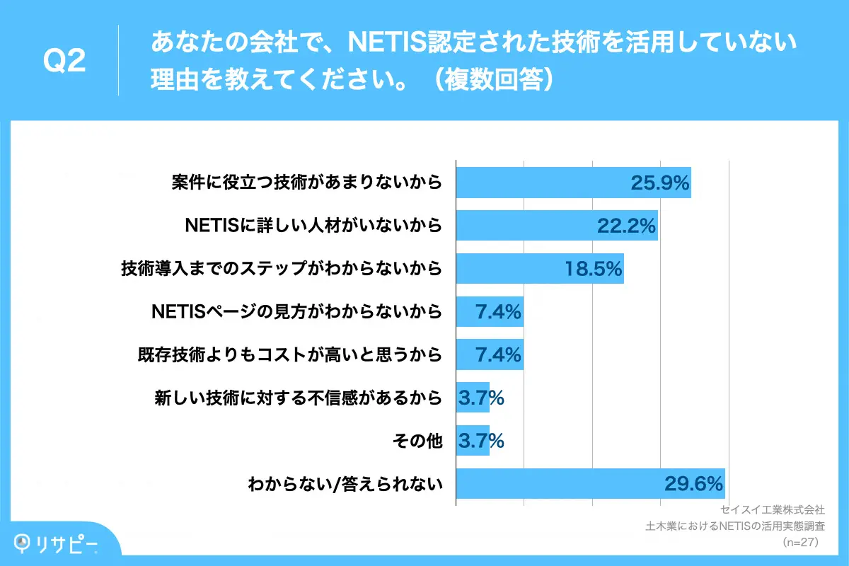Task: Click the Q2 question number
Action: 64,62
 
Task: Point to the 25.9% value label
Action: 659,183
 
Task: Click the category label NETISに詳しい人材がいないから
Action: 313,226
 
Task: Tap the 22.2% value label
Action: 627,226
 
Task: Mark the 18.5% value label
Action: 593,269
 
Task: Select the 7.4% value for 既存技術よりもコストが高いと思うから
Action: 498,354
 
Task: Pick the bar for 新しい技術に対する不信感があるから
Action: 473,398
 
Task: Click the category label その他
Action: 417,441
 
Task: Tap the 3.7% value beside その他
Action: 481,441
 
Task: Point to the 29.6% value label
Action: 693,484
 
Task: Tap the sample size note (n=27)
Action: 800,543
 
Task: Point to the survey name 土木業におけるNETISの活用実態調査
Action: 736,526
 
